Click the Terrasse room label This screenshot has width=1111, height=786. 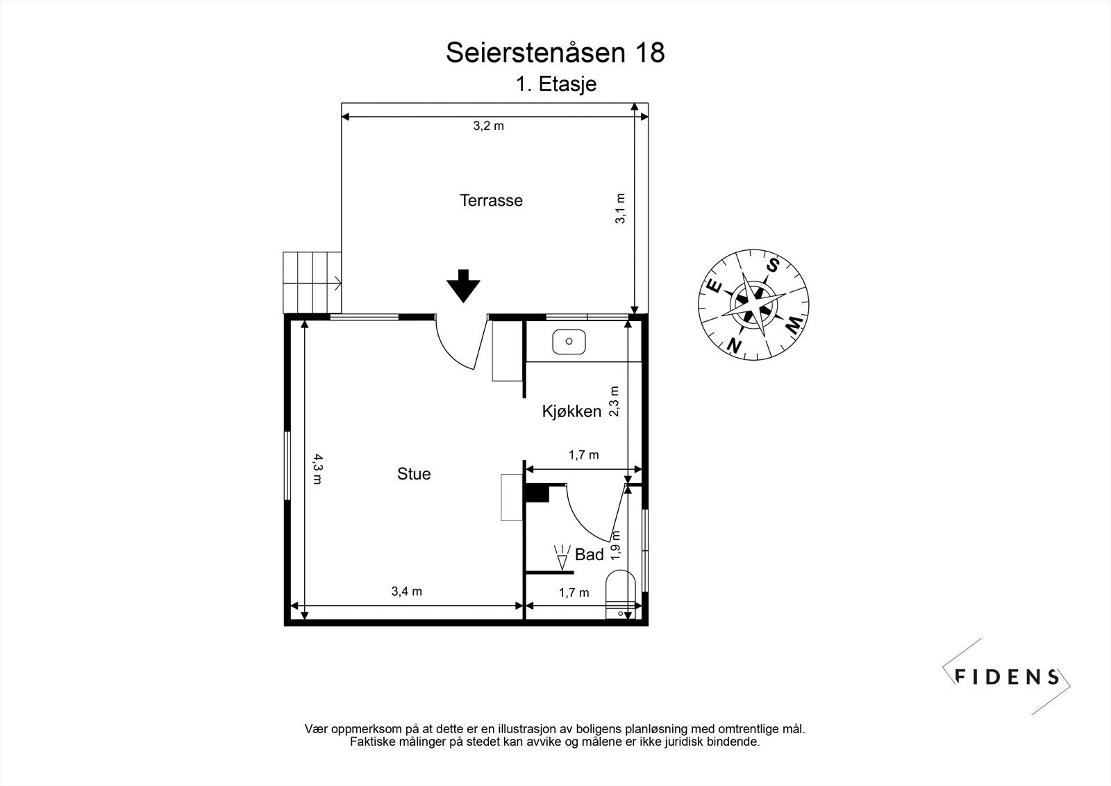(491, 201)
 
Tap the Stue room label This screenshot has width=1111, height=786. (414, 474)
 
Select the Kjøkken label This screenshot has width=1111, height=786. (571, 411)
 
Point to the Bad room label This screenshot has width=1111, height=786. (590, 555)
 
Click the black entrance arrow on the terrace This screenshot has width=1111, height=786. (463, 285)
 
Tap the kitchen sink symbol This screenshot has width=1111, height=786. (569, 342)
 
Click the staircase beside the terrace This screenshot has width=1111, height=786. (311, 283)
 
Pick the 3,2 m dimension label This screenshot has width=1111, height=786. (488, 126)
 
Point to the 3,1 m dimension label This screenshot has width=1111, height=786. (621, 208)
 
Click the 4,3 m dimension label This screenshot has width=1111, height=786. (316, 468)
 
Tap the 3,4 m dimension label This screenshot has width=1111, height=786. (407, 592)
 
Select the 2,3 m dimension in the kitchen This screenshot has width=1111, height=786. (614, 401)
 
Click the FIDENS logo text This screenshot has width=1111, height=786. (1006, 677)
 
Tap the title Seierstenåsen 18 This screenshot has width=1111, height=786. (555, 53)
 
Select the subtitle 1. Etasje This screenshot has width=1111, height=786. (555, 84)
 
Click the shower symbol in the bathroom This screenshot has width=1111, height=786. (561, 557)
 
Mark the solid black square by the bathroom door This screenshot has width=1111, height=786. (536, 493)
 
